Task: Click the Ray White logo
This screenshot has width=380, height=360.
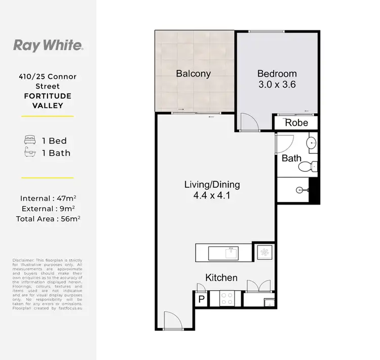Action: click(48, 46)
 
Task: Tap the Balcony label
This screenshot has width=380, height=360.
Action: click(193, 73)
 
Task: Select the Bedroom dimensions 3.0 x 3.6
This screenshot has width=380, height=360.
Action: click(276, 85)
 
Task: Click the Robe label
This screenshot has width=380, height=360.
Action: click(296, 123)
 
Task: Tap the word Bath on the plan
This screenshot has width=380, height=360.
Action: click(291, 158)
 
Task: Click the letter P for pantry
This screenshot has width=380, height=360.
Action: click(201, 300)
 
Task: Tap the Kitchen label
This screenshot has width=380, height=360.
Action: click(221, 277)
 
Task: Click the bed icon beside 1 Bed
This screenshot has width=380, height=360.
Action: click(30, 140)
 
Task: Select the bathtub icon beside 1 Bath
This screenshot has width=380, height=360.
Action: click(30, 152)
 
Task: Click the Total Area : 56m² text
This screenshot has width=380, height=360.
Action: click(48, 219)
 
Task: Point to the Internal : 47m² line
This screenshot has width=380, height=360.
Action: click(48, 198)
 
